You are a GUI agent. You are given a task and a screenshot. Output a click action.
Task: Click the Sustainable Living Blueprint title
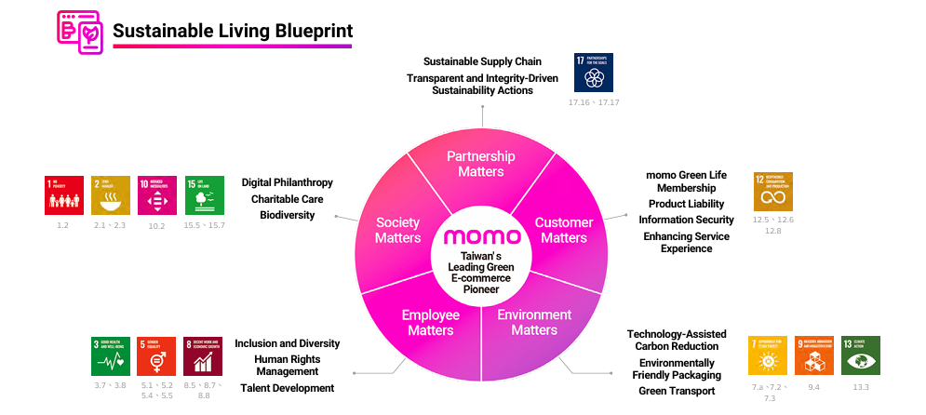(232, 32)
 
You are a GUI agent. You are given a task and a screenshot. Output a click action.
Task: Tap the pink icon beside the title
(80, 32)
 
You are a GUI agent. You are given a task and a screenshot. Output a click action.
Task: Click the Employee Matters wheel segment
(431, 322)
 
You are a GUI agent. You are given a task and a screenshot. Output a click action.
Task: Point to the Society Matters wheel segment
(397, 230)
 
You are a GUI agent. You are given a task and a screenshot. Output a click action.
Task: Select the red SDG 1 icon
(64, 195)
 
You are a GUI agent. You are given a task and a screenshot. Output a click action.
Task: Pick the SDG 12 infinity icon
(773, 192)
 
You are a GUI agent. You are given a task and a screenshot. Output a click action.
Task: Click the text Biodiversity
(288, 215)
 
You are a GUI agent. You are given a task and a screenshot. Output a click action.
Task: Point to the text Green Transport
(677, 392)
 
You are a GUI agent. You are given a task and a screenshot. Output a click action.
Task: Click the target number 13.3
(861, 387)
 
